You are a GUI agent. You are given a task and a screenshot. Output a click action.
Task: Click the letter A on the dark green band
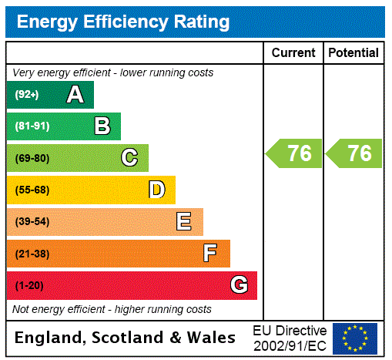75,95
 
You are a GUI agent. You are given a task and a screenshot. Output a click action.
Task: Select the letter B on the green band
102,126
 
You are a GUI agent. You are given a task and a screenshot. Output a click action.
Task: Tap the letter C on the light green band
129,158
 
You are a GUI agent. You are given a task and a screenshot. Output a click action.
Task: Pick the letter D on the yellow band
156,190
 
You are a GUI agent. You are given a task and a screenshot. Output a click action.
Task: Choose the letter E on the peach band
184,222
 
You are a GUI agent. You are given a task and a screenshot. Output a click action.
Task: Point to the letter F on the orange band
210,254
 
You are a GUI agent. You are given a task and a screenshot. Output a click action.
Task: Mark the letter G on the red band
239,285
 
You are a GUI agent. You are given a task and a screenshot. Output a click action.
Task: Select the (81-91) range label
32,126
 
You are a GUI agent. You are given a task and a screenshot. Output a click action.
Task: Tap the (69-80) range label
32,158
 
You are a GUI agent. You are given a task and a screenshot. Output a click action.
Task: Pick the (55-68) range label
32,190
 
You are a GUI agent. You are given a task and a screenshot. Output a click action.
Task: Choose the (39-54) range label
32,222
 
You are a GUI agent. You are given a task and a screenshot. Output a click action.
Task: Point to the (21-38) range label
32,254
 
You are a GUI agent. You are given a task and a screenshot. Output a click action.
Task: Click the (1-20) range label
29,285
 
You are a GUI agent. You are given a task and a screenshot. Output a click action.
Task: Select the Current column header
293,53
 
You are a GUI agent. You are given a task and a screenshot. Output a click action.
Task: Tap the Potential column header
353,53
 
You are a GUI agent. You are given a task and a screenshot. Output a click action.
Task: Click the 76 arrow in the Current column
294,153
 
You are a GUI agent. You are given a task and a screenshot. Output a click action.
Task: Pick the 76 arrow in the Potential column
354,153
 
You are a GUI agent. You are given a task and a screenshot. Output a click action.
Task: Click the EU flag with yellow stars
355,338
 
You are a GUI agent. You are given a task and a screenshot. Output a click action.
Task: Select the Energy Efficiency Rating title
123,22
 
